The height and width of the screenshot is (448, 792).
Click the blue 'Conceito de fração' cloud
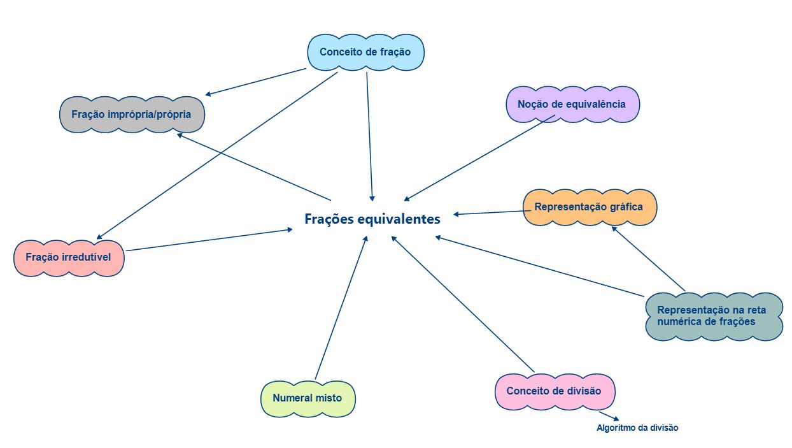point(365,52)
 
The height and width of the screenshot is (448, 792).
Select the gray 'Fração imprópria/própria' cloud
point(132,115)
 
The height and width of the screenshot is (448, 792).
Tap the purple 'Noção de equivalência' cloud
point(572,104)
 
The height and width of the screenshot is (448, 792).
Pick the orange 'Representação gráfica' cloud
point(589,207)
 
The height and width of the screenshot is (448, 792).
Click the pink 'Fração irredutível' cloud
point(69,257)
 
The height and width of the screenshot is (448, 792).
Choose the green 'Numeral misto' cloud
point(308,398)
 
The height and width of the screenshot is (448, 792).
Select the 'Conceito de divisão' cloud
point(554,391)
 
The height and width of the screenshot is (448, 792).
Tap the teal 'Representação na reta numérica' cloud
point(712,316)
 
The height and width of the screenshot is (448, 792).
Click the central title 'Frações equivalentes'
point(372,219)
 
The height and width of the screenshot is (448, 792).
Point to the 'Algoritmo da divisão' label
point(637,428)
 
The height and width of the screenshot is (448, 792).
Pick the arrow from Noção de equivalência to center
point(476,160)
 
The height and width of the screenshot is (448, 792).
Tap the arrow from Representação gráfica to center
point(488,213)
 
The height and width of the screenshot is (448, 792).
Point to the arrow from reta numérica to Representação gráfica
point(648,258)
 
